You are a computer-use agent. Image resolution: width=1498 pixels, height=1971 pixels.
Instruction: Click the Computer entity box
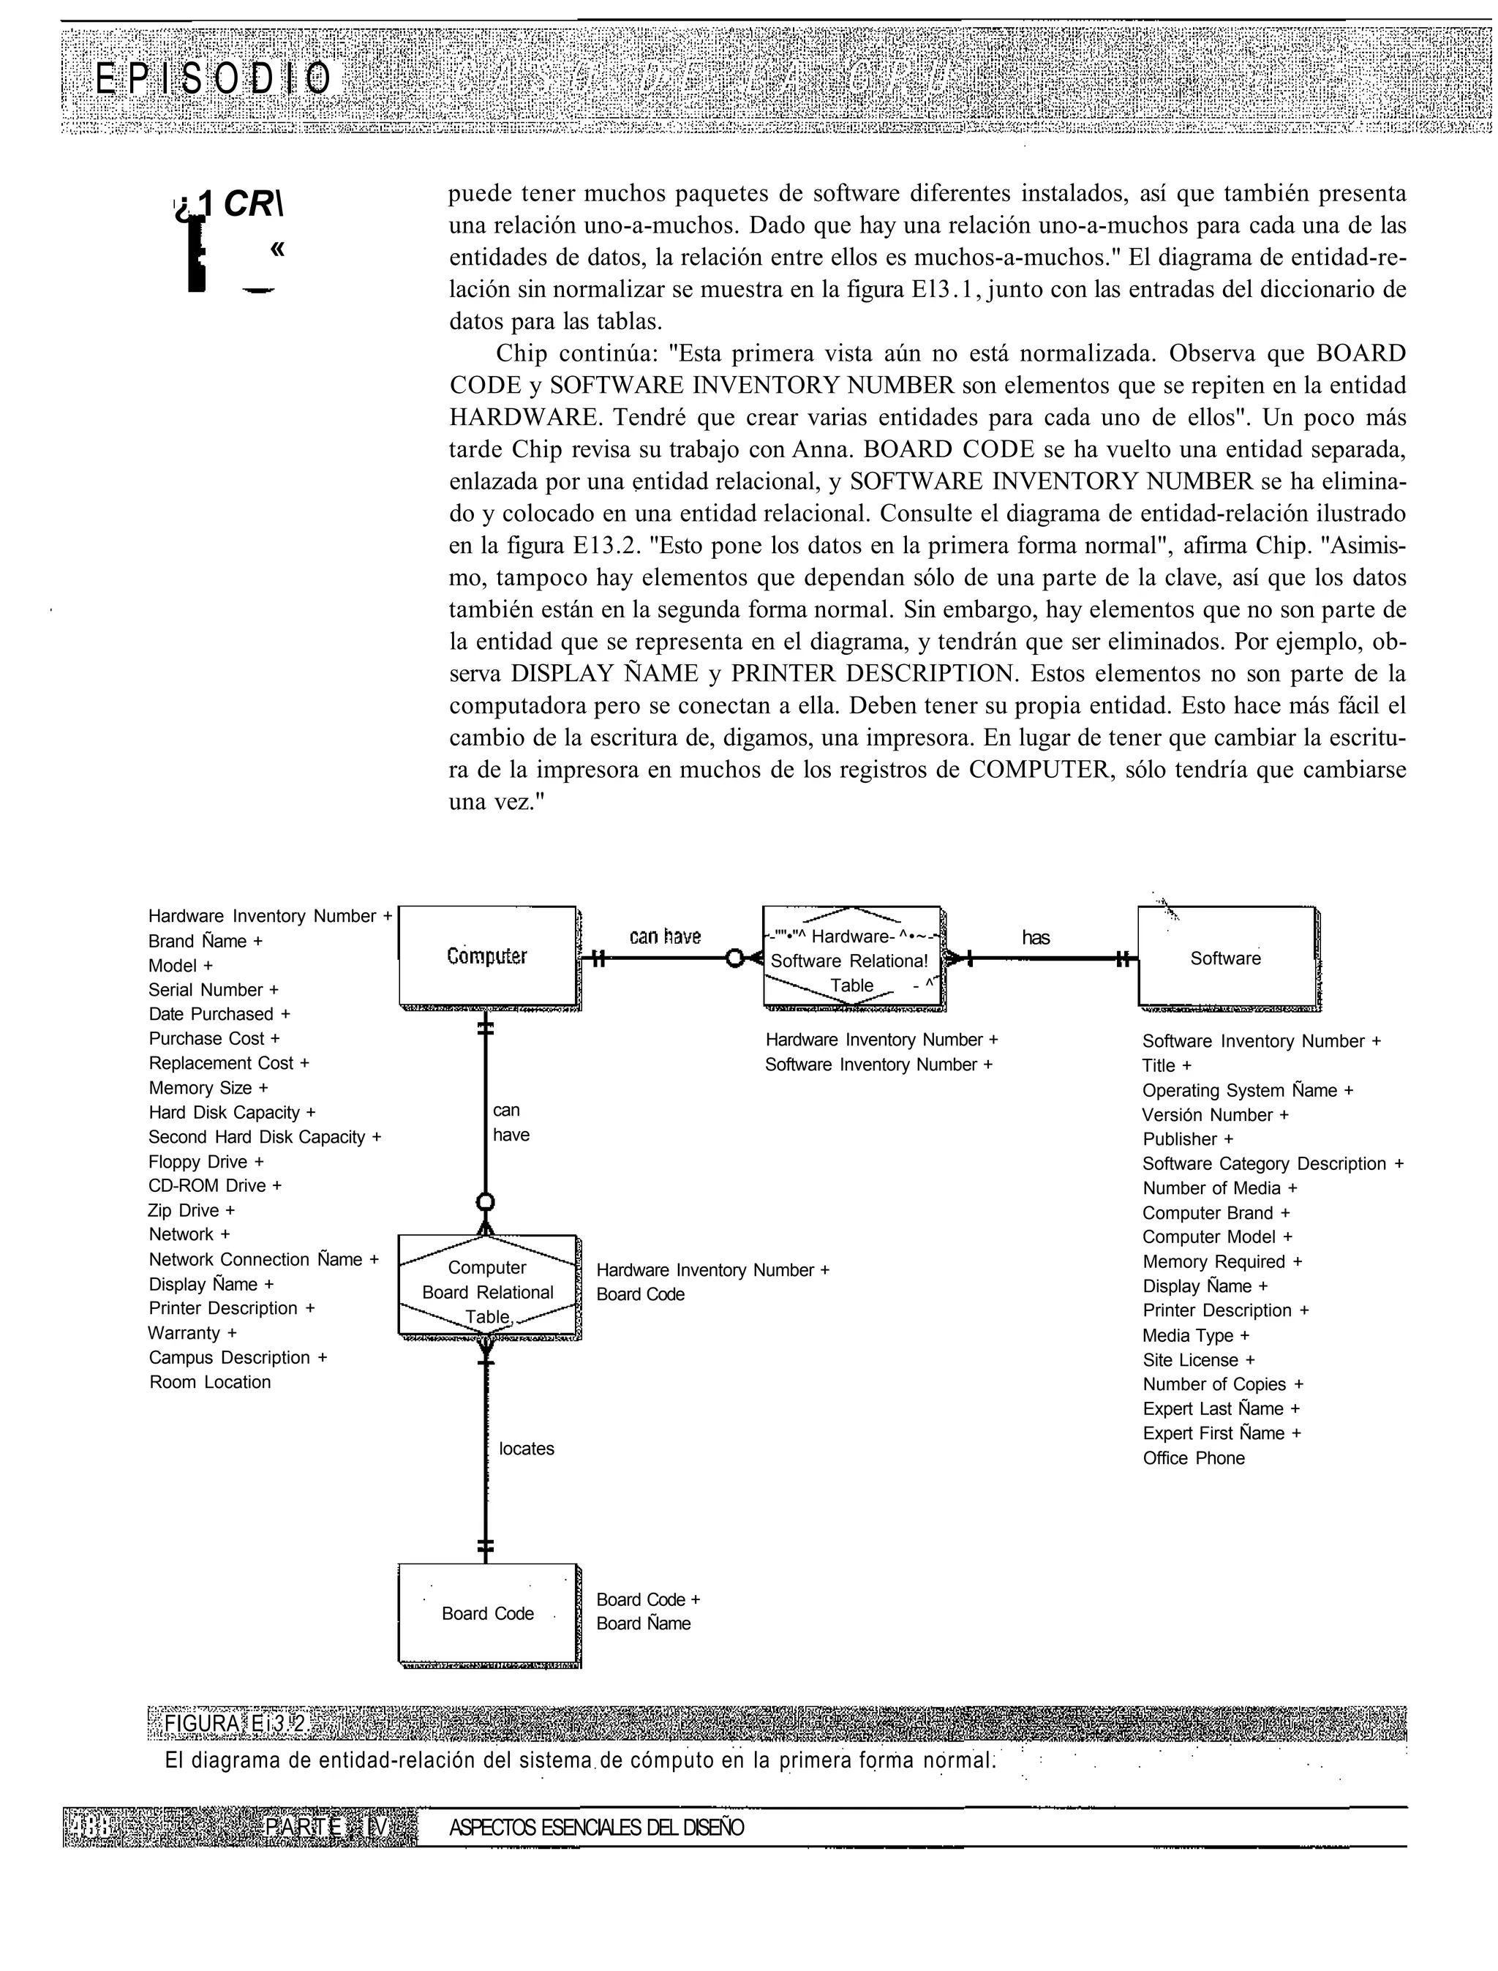coord(487,956)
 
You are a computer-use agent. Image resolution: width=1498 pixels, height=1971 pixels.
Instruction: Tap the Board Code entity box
coord(488,1613)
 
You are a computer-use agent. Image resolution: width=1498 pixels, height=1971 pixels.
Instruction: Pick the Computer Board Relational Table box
coord(488,1291)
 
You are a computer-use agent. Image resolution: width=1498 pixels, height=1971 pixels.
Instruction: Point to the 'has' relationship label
coord(1035,937)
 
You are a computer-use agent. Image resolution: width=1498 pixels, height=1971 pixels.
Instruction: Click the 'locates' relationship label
coord(526,1449)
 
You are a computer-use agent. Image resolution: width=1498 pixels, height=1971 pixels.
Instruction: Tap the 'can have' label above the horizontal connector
coord(665,936)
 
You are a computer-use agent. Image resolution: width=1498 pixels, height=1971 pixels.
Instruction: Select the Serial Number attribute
coord(213,990)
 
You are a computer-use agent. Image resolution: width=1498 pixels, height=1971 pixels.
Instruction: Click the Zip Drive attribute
coord(191,1210)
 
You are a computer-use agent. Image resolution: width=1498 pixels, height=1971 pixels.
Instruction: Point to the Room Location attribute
coord(209,1381)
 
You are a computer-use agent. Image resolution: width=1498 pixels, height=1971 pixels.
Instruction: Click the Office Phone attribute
coord(1193,1458)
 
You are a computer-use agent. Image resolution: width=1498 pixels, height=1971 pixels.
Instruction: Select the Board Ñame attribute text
coord(643,1623)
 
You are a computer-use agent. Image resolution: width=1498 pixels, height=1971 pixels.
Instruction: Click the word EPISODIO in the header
coord(213,80)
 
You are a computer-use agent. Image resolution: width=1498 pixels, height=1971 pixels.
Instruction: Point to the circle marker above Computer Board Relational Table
coord(486,1201)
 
